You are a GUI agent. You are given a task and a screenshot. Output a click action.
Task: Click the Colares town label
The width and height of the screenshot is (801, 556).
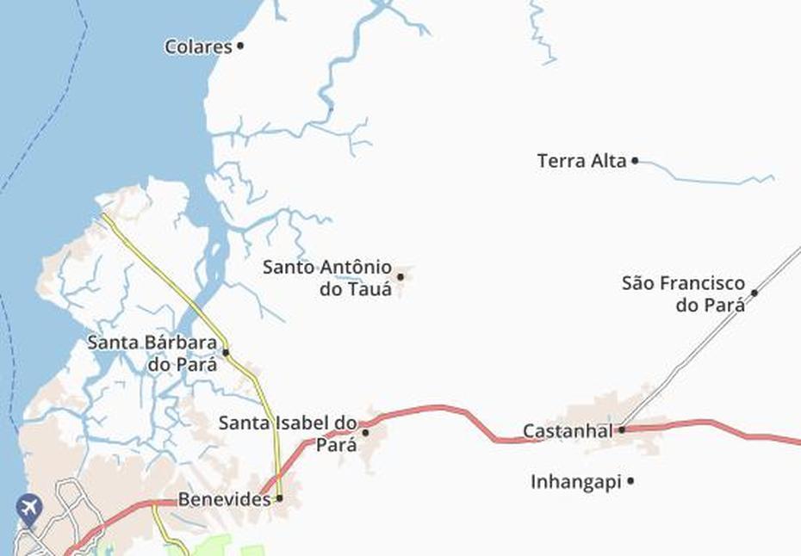(x=198, y=46)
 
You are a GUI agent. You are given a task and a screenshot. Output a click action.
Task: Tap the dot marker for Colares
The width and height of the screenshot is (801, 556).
(x=240, y=46)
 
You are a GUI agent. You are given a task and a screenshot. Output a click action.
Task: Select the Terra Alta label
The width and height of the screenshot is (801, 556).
(x=581, y=161)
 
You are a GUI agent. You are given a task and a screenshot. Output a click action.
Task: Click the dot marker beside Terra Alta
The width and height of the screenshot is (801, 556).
(x=635, y=160)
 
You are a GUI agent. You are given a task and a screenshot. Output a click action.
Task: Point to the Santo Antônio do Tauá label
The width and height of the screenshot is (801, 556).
(x=327, y=278)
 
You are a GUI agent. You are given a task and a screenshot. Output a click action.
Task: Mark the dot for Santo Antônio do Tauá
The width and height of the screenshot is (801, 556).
(x=400, y=276)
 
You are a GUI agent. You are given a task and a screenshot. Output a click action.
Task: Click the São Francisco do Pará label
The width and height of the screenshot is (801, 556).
(x=683, y=293)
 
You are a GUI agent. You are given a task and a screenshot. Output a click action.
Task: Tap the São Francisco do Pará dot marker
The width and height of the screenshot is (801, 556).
(x=754, y=293)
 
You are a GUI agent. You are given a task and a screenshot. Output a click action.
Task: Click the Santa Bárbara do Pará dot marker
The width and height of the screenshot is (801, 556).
(x=226, y=352)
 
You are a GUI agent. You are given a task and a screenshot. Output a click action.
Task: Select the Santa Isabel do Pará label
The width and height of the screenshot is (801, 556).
(x=288, y=433)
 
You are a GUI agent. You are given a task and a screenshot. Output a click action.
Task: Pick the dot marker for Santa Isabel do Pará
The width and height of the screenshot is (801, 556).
(x=365, y=433)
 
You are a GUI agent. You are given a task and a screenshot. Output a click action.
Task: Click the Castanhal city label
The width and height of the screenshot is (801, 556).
(x=568, y=429)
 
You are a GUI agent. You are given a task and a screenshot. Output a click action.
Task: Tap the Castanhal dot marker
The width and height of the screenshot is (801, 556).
(x=621, y=429)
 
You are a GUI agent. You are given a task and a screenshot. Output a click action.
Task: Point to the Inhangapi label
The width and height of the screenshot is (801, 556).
(x=575, y=482)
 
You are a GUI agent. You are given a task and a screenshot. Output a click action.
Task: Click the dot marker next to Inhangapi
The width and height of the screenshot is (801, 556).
(x=630, y=481)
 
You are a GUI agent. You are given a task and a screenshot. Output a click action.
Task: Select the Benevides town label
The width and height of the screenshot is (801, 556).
(x=224, y=498)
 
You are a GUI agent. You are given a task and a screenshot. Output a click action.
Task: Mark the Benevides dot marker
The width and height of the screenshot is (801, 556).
(x=279, y=497)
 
